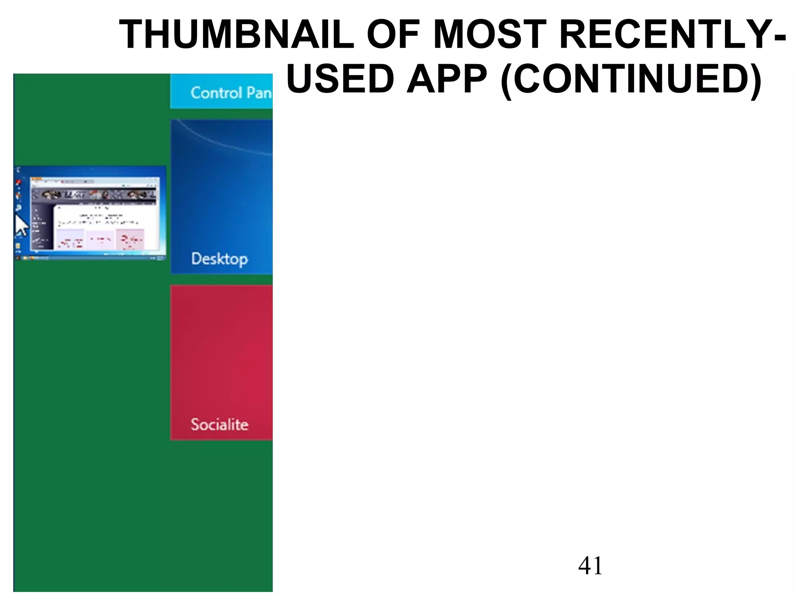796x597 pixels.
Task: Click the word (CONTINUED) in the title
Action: tap(630, 80)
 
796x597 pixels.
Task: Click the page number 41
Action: tap(590, 566)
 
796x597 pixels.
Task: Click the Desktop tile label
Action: tap(219, 259)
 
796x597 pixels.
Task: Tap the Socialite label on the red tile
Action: tap(219, 424)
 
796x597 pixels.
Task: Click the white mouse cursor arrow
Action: tap(21, 225)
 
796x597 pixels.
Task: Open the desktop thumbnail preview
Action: tap(90, 212)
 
